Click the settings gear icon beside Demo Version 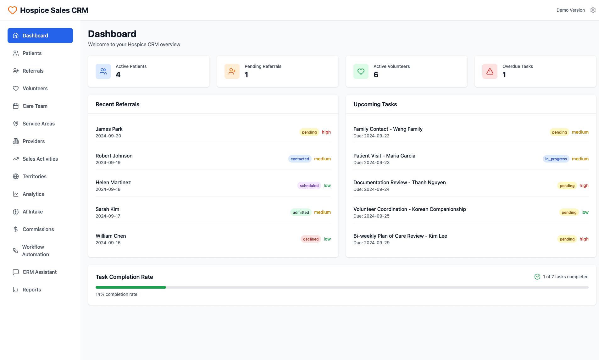pyautogui.click(x=593, y=10)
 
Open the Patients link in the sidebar pyautogui.click(x=32, y=53)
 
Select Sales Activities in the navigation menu pyautogui.click(x=40, y=159)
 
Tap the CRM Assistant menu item pyautogui.click(x=39, y=272)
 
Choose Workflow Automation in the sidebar pyautogui.click(x=35, y=251)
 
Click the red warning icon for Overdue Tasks pyautogui.click(x=490, y=71)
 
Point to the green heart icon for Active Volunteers pyautogui.click(x=361, y=71)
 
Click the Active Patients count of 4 pyautogui.click(x=118, y=75)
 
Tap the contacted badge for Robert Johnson pyautogui.click(x=300, y=159)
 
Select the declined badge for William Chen pyautogui.click(x=311, y=239)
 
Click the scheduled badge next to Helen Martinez pyautogui.click(x=309, y=186)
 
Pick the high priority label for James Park pyautogui.click(x=326, y=132)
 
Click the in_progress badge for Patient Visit pyautogui.click(x=556, y=159)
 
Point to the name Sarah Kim pyautogui.click(x=107, y=209)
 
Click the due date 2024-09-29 pyautogui.click(x=377, y=243)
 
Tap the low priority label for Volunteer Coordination pyautogui.click(x=585, y=212)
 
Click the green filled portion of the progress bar pyautogui.click(x=130, y=287)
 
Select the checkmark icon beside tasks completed pyautogui.click(x=537, y=277)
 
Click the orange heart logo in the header pyautogui.click(x=13, y=10)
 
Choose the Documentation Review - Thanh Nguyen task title pyautogui.click(x=399, y=182)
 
